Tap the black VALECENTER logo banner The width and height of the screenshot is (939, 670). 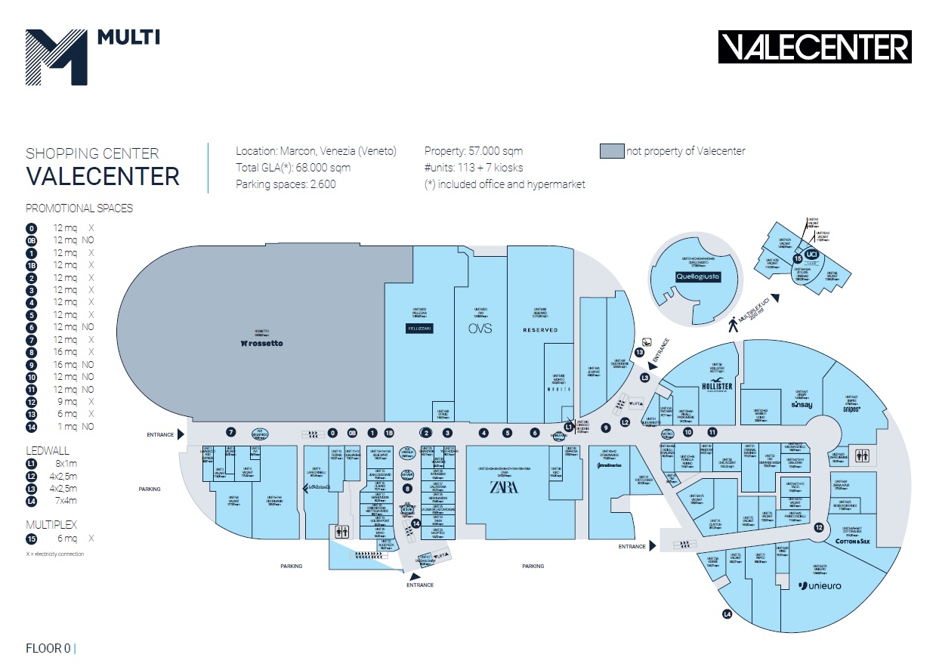[814, 47]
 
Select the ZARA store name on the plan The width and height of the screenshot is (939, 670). [504, 486]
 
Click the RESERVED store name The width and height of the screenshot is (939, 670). [540, 330]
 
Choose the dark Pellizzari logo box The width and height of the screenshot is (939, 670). [418, 329]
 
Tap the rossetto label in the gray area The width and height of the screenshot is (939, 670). [262, 344]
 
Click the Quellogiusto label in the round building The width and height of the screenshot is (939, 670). [698, 276]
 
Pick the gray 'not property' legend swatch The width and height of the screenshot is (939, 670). [612, 151]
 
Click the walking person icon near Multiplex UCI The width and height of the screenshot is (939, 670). [732, 326]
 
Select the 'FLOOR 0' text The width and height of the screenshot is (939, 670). [48, 647]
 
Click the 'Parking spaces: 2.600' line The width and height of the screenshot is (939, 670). [286, 184]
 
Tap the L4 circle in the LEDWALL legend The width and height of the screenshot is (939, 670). [31, 501]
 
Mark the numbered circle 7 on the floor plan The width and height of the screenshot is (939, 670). [231, 432]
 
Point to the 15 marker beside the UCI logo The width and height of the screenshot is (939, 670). [797, 258]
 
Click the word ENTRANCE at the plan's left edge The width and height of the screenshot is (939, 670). [160, 434]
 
